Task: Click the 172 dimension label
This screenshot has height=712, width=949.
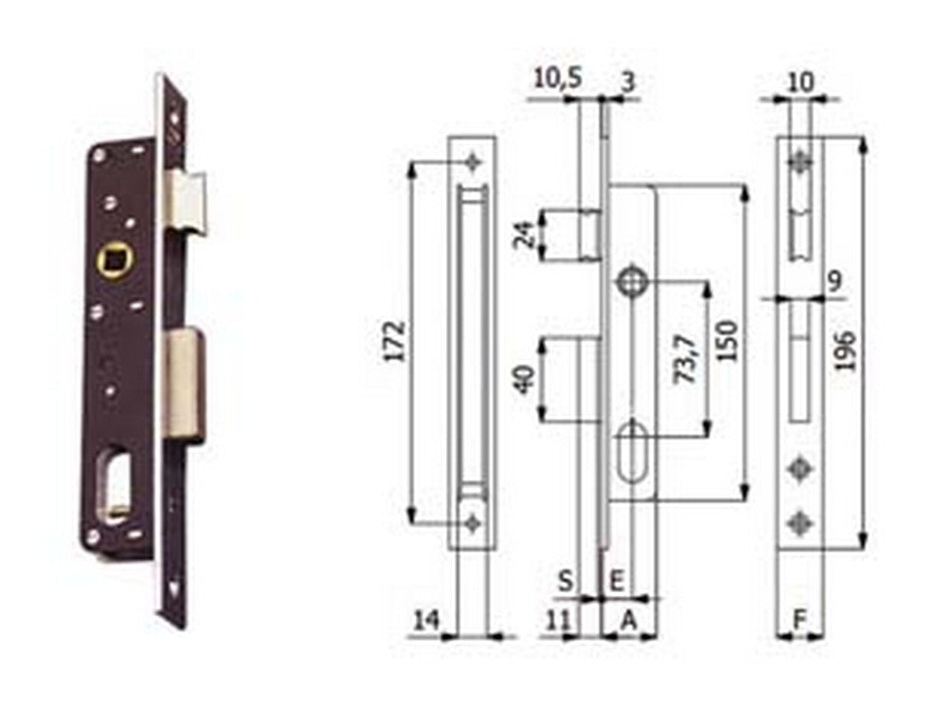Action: tap(395, 342)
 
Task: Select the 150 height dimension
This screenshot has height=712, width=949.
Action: tap(727, 341)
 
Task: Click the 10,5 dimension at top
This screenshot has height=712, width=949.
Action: tap(558, 78)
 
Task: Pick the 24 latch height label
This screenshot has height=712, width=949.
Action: tap(526, 234)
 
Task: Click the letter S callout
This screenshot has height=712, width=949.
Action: tap(565, 581)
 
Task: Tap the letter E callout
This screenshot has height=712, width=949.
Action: tap(616, 581)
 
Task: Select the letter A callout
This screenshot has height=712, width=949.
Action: tap(629, 620)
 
